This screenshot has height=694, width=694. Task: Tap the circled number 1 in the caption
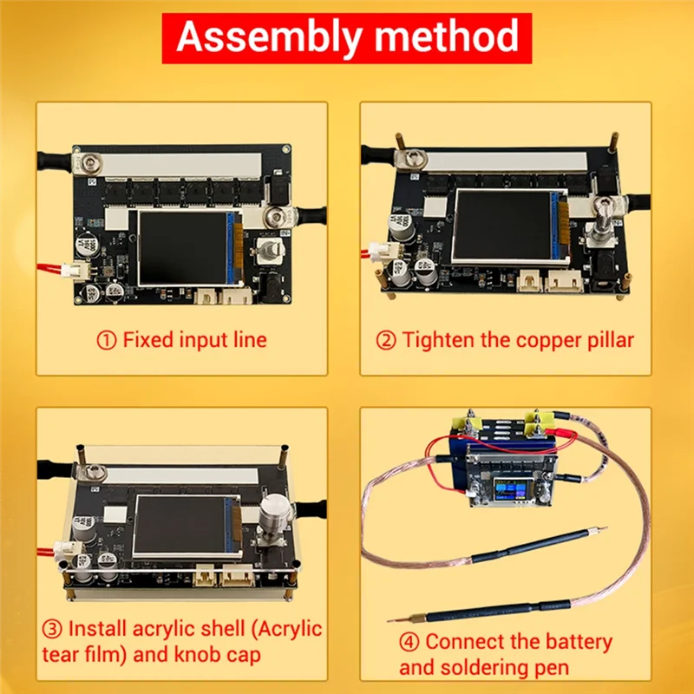click(106, 339)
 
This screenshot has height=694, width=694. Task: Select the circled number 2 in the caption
click(386, 339)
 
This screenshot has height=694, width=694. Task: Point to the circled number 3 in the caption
click(51, 627)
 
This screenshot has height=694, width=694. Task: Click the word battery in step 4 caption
click(577, 643)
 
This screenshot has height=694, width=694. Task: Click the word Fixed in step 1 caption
click(148, 339)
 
